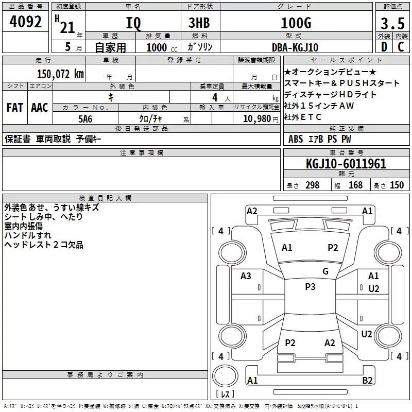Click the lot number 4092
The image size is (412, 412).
[25, 22]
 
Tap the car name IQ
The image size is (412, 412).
[133, 23]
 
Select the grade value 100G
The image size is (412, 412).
[296, 23]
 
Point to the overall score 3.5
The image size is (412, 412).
[392, 24]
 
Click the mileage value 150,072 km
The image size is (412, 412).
[60, 74]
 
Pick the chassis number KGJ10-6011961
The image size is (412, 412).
[346, 164]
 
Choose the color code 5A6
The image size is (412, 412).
[85, 119]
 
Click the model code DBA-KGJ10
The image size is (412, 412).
[295, 47]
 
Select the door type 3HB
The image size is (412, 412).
[199, 23]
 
